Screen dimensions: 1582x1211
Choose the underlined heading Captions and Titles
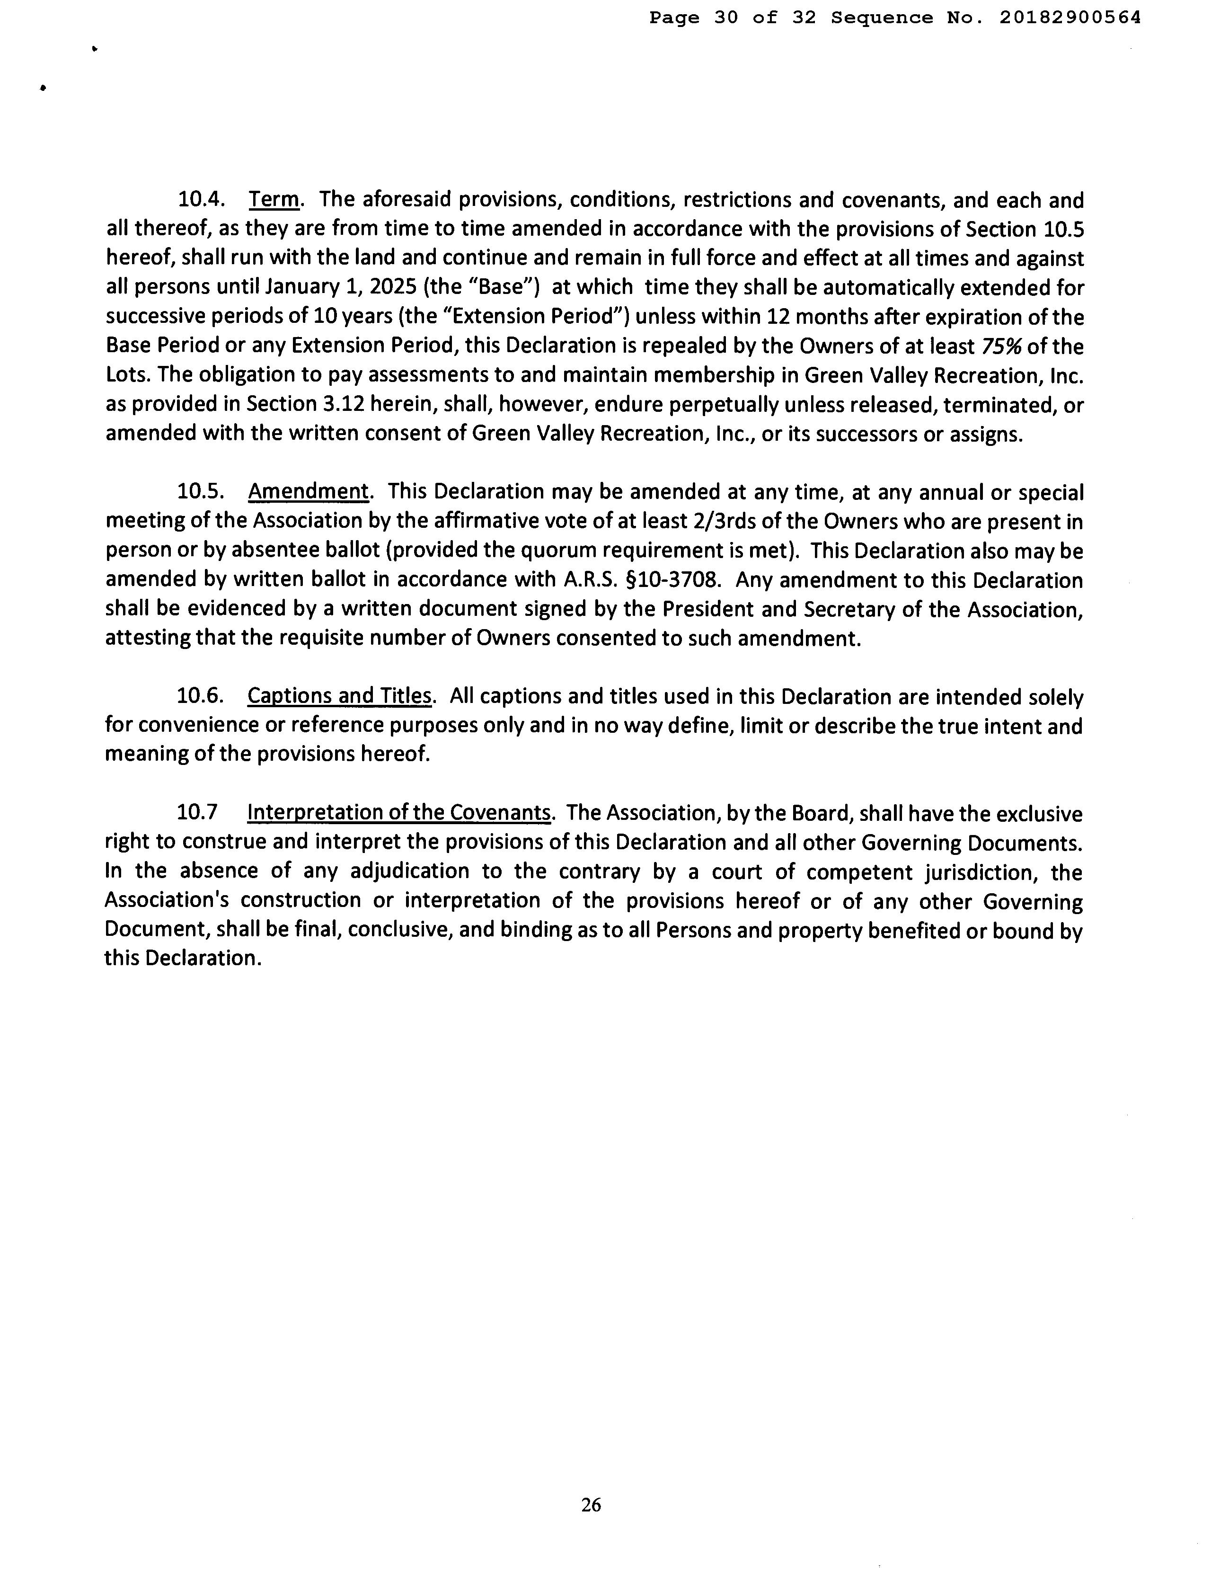[339, 696]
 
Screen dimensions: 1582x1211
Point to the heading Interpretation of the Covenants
[399, 813]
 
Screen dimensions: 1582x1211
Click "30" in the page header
[726, 18]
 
